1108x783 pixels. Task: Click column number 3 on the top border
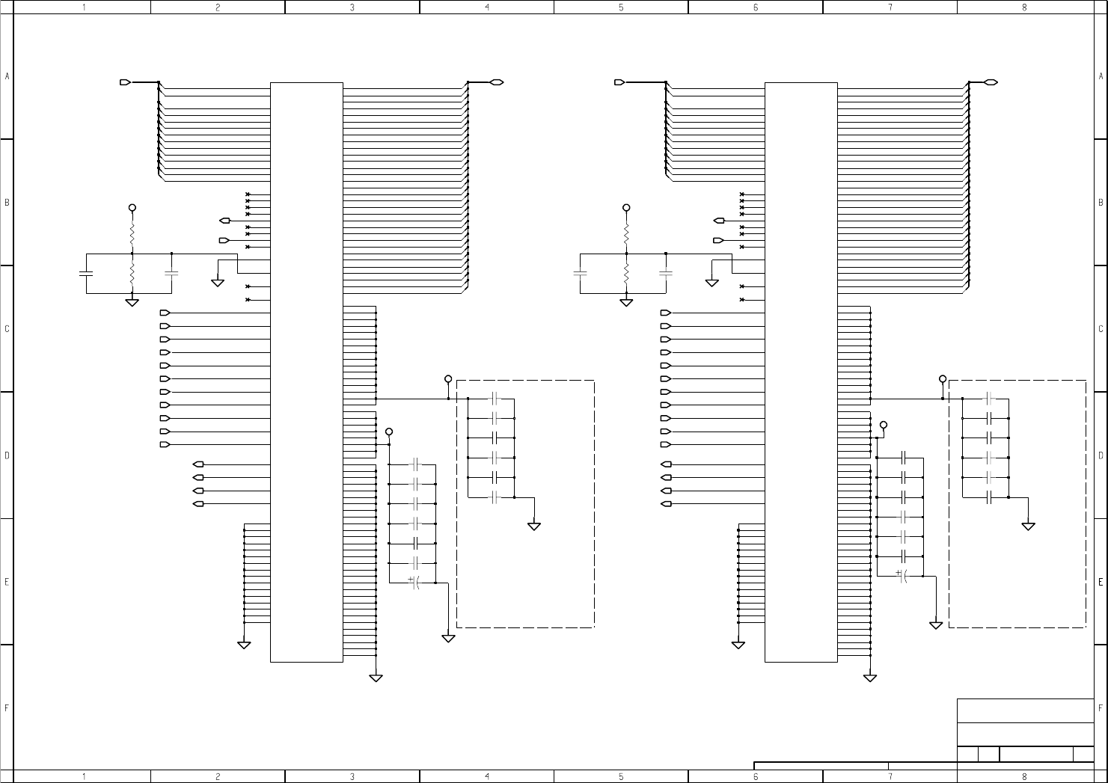(x=352, y=7)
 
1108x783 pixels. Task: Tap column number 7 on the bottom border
(x=890, y=776)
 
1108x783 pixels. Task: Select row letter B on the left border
(x=7, y=202)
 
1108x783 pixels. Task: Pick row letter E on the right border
(x=1101, y=581)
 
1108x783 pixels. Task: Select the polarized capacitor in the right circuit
(x=902, y=576)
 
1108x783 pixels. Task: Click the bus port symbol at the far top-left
(x=125, y=82)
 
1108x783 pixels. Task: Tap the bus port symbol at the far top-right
(x=991, y=82)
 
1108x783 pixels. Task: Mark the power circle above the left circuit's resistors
(x=132, y=207)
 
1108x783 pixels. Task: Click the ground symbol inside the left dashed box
(x=534, y=526)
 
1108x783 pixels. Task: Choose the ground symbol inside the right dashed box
(x=1029, y=526)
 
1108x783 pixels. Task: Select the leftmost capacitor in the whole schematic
(x=86, y=273)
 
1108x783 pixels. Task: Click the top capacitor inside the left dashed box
(x=493, y=398)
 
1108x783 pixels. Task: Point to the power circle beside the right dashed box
(x=943, y=379)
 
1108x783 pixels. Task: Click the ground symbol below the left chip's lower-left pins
(x=244, y=644)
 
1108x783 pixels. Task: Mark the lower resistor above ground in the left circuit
(x=132, y=275)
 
